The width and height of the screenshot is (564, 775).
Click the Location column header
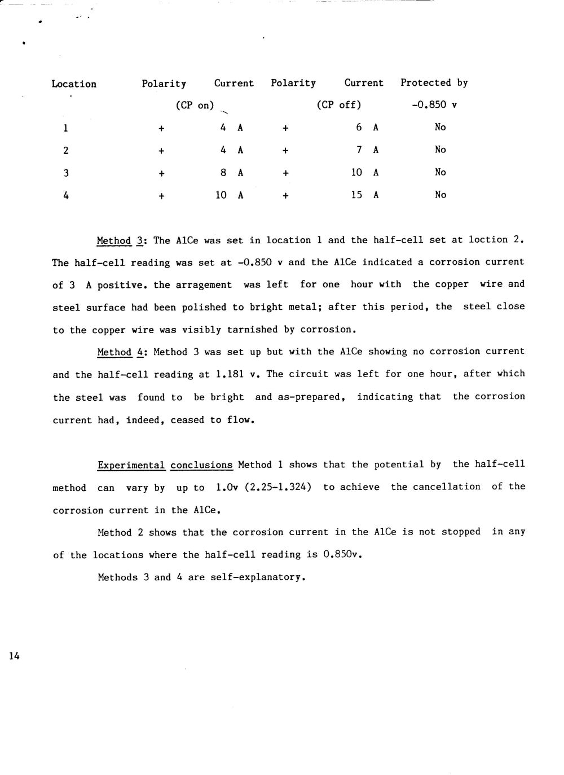(x=74, y=84)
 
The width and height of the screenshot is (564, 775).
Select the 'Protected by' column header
(x=434, y=83)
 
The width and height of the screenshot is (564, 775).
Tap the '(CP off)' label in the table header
(x=338, y=105)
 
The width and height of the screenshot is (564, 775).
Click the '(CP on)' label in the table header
(x=195, y=106)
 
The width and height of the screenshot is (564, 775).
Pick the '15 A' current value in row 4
(x=364, y=195)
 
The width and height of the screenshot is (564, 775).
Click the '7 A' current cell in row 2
(x=367, y=150)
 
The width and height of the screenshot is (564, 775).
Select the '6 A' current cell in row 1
(x=367, y=128)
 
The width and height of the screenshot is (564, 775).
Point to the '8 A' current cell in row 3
(x=232, y=172)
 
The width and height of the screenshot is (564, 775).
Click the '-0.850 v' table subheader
(x=434, y=105)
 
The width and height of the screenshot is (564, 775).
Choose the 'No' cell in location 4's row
(x=440, y=195)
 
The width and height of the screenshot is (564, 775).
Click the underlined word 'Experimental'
(x=131, y=465)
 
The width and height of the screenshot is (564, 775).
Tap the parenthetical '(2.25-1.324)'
(x=278, y=487)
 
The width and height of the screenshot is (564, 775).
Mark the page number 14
(x=14, y=656)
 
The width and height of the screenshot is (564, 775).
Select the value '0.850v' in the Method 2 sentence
(x=341, y=555)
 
